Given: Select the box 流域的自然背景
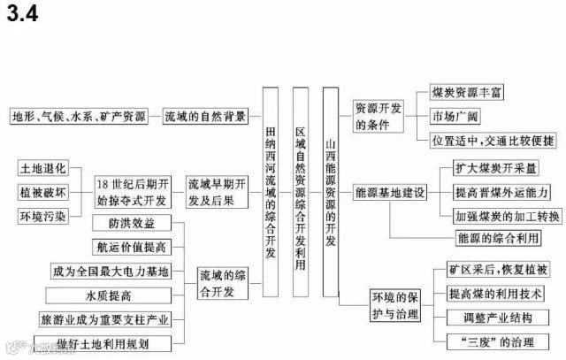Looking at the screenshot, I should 206,116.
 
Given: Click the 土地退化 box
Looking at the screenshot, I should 42,167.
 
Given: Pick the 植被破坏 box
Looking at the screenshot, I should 42,192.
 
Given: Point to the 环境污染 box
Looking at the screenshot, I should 42,217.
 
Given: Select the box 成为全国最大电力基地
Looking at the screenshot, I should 110,271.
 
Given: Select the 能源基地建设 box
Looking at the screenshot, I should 390,191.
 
